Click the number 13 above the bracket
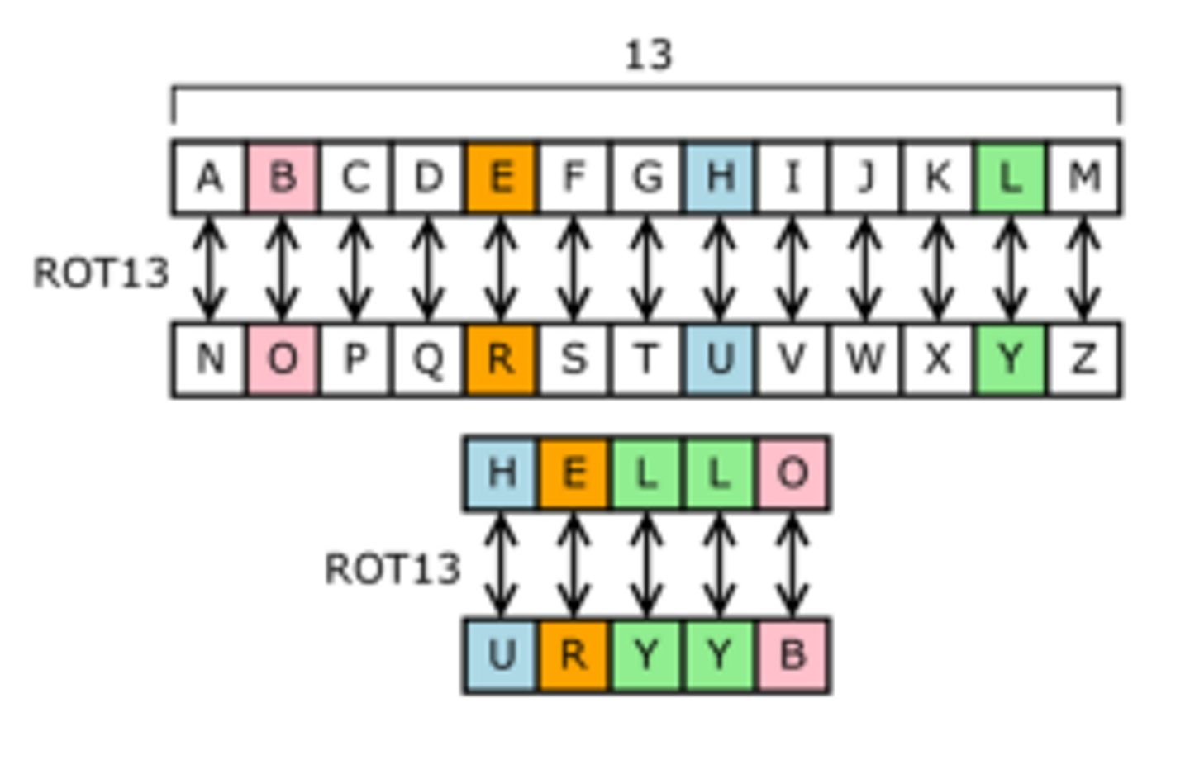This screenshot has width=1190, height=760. click(649, 55)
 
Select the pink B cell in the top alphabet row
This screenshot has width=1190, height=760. click(283, 177)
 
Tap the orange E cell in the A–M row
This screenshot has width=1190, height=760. click(501, 177)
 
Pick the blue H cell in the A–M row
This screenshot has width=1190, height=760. click(719, 177)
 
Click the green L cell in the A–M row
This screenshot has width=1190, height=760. click(1010, 177)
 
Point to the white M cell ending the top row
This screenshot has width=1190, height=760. click(1083, 177)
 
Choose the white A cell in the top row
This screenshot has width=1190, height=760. click(210, 177)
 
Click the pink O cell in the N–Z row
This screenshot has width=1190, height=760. click(283, 359)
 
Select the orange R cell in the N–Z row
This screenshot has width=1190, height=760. click(501, 359)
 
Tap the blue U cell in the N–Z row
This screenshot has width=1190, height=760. click(719, 359)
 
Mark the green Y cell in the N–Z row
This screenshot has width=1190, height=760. click(1010, 359)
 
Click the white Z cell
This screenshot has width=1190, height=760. click(1083, 359)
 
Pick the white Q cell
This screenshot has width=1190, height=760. click(428, 359)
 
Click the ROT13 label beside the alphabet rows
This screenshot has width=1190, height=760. click(101, 273)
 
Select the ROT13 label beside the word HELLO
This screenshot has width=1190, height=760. click(393, 569)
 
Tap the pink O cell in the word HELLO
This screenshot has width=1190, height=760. click(793, 473)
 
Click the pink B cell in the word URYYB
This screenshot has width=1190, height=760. click(793, 655)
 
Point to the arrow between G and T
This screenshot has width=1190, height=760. click(646, 268)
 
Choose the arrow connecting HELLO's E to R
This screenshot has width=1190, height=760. click(574, 564)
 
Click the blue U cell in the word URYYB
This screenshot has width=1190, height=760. click(501, 655)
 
